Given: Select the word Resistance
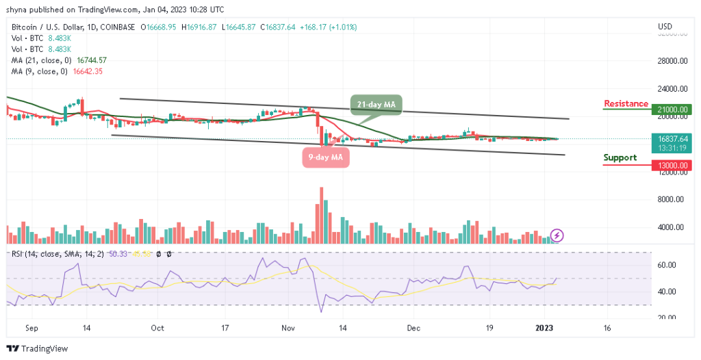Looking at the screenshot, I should coord(626,104).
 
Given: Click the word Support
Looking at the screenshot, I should coord(620,157).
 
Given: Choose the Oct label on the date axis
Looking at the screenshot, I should coord(158,328).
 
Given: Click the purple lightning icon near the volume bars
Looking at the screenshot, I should coord(557,235).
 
